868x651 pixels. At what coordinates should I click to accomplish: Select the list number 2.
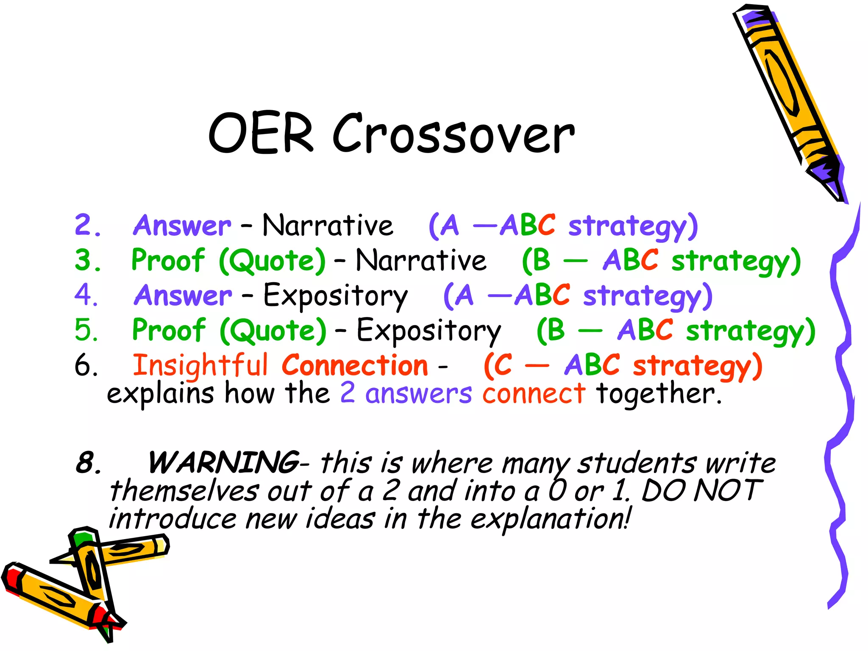click(87, 225)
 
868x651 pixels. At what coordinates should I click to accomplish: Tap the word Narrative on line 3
click(421, 260)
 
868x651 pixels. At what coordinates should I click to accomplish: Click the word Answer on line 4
click(183, 295)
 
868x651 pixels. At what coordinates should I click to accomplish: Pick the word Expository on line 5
click(428, 331)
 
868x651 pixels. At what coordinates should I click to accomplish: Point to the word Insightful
click(200, 365)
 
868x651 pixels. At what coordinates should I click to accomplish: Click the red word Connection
click(355, 365)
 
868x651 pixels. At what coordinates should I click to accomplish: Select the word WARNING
click(223, 462)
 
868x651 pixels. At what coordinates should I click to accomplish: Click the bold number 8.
click(88, 462)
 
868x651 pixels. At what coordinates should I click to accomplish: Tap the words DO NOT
click(701, 491)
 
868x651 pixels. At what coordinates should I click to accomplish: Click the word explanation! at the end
click(551, 519)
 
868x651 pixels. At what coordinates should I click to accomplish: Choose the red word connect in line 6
click(534, 393)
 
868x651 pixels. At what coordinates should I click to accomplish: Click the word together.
click(658, 393)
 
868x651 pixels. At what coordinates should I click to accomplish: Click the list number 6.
click(86, 365)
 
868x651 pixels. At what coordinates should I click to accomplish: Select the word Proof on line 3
click(168, 260)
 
